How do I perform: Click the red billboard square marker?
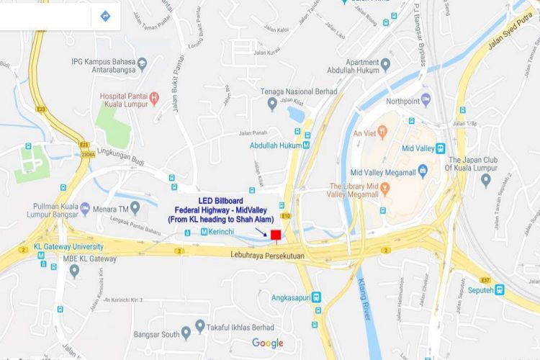tap(275, 233)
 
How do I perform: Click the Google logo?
tap(267, 343)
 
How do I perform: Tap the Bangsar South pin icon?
tap(186, 332)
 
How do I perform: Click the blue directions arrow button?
tap(105, 14)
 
